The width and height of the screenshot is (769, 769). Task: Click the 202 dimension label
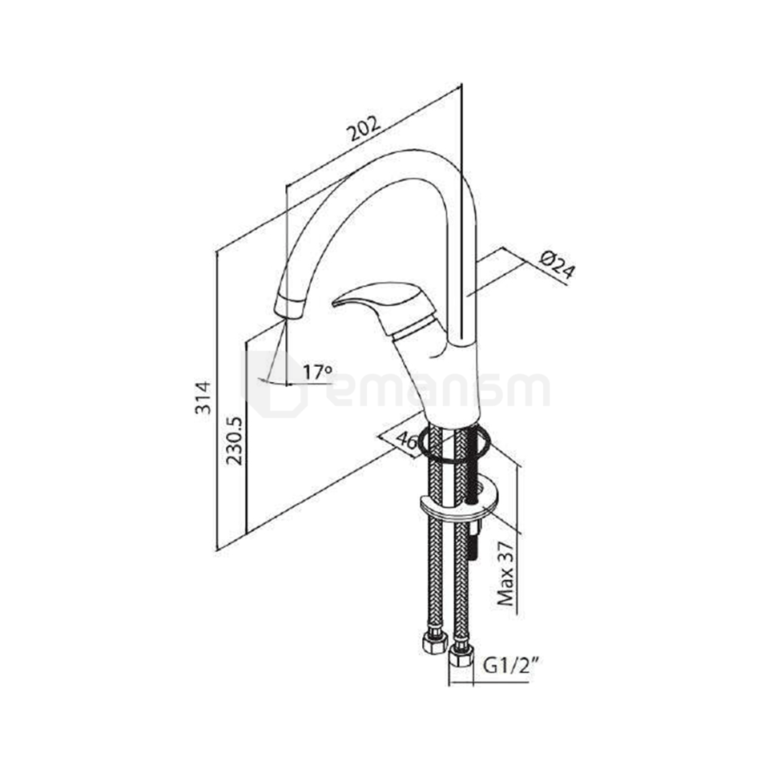[x=363, y=128]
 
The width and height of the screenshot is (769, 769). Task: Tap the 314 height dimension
[x=203, y=397]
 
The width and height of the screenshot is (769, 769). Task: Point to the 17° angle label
[x=317, y=372]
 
